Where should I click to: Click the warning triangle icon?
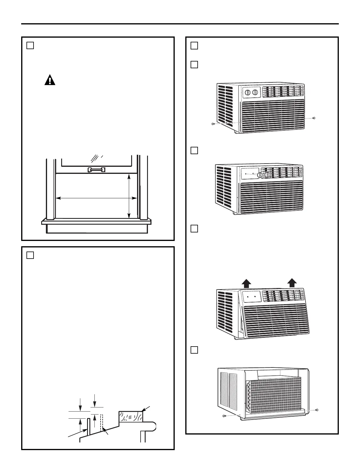click(50, 80)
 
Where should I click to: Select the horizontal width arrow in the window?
click(96, 198)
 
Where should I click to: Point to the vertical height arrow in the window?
click(129, 196)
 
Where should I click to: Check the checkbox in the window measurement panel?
click(30, 45)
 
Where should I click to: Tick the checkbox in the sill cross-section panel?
click(30, 255)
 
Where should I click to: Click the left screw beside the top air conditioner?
click(213, 124)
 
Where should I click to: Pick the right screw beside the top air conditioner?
click(314, 118)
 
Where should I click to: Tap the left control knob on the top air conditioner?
click(248, 92)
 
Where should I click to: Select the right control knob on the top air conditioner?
click(255, 92)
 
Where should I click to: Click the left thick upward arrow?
click(246, 283)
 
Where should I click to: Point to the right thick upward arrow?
click(292, 283)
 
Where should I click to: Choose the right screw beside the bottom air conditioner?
click(317, 410)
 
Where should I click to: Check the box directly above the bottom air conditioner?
click(194, 350)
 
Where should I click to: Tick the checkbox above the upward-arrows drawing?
click(194, 229)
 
